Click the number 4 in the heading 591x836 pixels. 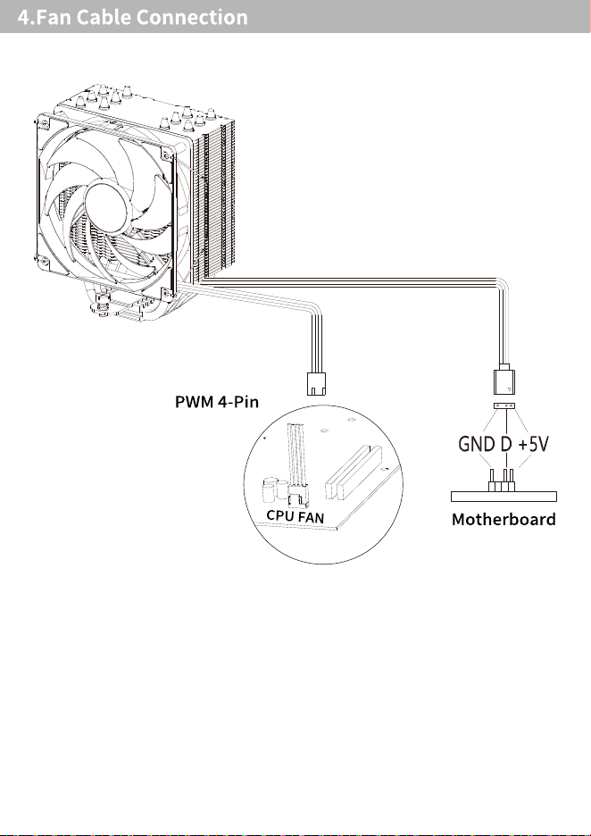tap(23, 17)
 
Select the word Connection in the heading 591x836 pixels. tap(192, 17)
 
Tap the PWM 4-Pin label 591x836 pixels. tap(216, 401)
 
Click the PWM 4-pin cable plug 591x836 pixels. tap(317, 383)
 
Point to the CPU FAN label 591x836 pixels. tap(295, 516)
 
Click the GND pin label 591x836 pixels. tap(477, 444)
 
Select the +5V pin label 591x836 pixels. tap(533, 444)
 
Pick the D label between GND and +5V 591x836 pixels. tap(505, 444)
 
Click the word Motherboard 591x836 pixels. tap(504, 519)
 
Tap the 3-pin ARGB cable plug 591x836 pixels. tap(504, 379)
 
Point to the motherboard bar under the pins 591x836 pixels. tap(504, 497)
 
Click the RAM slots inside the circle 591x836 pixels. tap(354, 472)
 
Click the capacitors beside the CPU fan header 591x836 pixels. tap(274, 490)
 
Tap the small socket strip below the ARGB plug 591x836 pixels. tap(504, 406)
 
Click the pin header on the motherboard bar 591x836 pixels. tap(502, 481)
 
